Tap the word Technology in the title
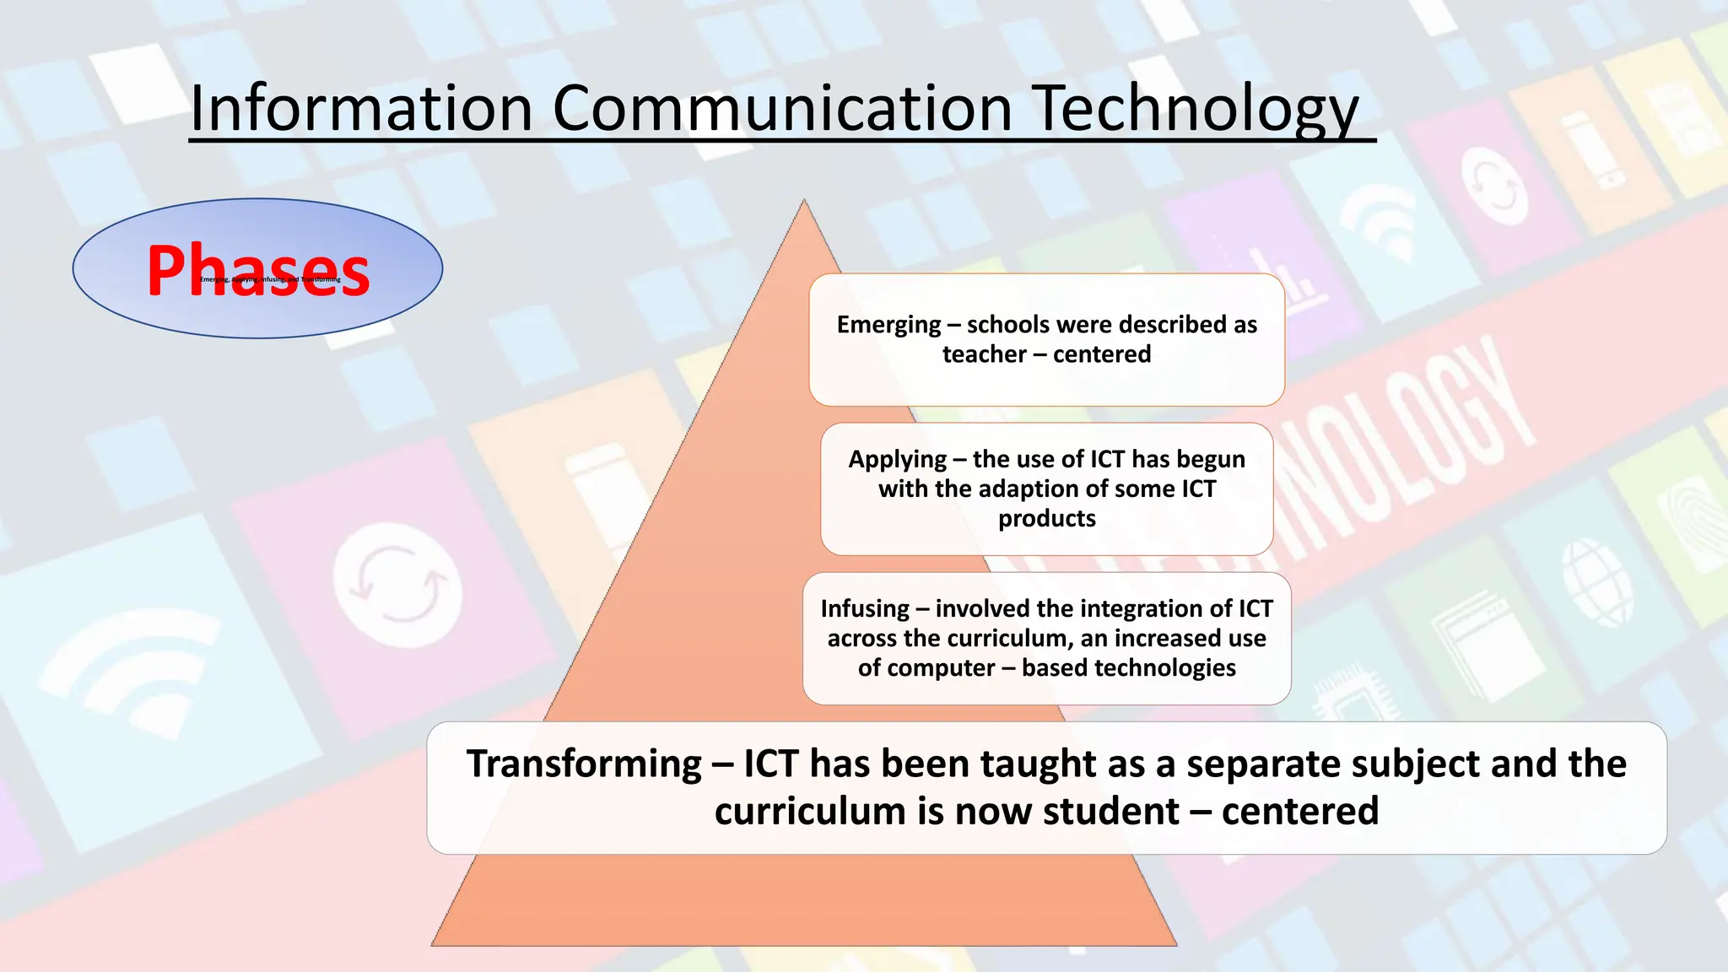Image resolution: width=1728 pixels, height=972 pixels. tap(1196, 110)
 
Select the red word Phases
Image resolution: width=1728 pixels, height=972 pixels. tap(258, 270)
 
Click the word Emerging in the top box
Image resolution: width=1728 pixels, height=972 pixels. tap(888, 325)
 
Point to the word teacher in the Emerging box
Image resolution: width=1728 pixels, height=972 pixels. tap(984, 354)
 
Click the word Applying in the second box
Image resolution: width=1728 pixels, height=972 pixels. tap(897, 460)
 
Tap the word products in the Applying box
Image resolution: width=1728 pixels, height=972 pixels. tap(1047, 518)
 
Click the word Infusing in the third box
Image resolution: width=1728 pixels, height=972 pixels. tap(865, 609)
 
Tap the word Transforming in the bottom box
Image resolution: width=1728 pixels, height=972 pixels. tap(584, 764)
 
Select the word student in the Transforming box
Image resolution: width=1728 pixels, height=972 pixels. tap(1110, 812)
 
